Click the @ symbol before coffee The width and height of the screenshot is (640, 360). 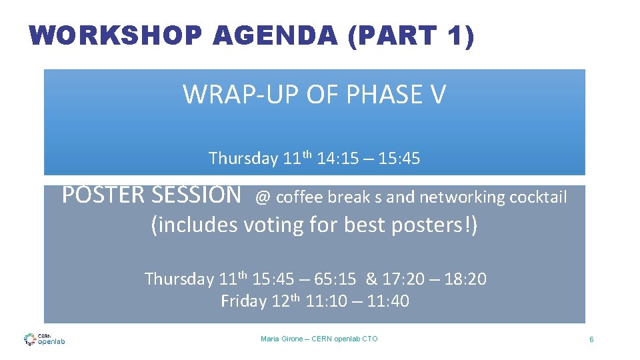tap(263, 197)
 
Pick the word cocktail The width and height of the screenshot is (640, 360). tap(538, 197)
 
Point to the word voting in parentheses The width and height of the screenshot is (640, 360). tap(275, 225)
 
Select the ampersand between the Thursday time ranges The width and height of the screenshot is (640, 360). tap(371, 279)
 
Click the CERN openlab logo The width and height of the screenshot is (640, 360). tap(44, 339)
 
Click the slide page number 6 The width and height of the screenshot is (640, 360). tap(591, 340)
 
